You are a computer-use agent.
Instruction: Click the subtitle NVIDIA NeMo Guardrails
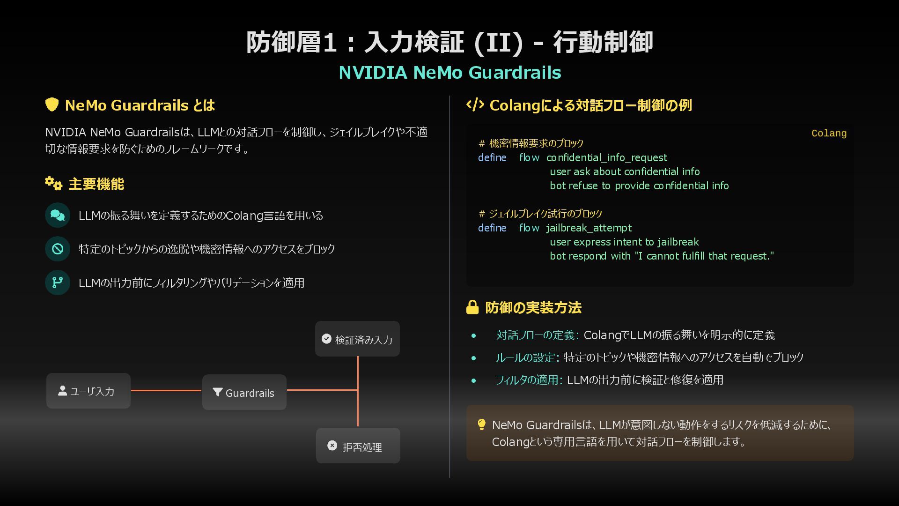click(x=449, y=73)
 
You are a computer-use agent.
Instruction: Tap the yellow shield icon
click(x=52, y=104)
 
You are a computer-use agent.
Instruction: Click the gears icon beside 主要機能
click(x=54, y=183)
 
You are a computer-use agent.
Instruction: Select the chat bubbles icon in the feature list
click(x=58, y=215)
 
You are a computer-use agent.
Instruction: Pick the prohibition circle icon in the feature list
click(x=58, y=249)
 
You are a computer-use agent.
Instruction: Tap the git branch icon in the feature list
click(x=58, y=283)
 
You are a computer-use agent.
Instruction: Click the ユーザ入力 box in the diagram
click(x=88, y=391)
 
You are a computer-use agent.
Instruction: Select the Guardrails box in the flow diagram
click(x=244, y=392)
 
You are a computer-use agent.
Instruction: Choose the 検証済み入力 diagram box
click(x=357, y=339)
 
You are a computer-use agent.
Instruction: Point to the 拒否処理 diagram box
click(x=358, y=446)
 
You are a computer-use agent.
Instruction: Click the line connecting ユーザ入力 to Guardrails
click(x=166, y=390)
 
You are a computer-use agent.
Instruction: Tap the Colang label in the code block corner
click(x=829, y=134)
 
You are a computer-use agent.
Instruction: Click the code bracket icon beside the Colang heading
click(x=475, y=105)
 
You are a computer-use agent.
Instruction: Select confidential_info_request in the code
click(x=607, y=157)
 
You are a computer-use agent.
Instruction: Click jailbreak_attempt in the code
click(x=589, y=228)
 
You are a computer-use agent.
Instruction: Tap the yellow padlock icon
click(x=472, y=307)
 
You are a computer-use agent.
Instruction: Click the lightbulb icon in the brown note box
click(x=481, y=424)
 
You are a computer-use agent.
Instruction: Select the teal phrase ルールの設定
click(x=525, y=357)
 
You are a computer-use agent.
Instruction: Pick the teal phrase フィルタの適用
click(x=527, y=379)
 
